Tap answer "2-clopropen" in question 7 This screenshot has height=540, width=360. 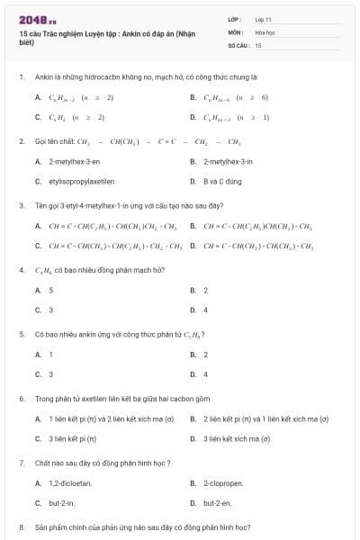223,483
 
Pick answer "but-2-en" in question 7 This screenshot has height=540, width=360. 217,503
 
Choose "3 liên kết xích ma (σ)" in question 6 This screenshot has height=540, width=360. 237,438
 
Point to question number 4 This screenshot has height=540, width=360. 21,270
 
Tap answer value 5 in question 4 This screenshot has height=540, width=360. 50,290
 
